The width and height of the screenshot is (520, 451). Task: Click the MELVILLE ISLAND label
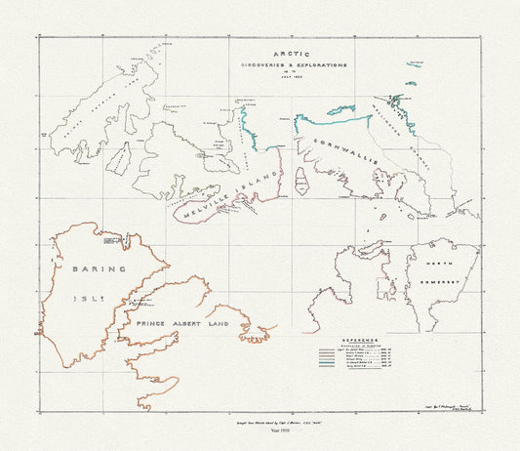click(224, 190)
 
